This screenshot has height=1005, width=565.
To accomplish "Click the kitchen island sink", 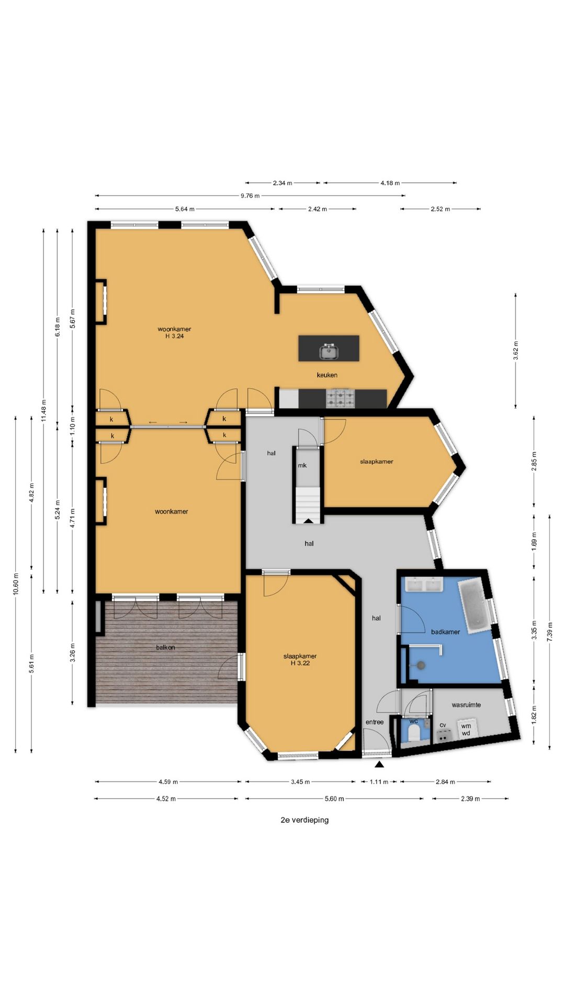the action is coord(329,352).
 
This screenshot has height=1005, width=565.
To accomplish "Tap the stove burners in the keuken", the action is coord(340,398).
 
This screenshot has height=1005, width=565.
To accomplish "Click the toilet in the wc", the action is coord(414,733).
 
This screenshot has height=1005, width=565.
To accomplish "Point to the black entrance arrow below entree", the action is coord(379,764).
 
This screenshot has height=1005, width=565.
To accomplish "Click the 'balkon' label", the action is coord(165,647).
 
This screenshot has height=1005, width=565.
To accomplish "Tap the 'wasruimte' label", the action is coord(466,705).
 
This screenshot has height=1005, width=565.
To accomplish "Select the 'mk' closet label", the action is coord(302,465).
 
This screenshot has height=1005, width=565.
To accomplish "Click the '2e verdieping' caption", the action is coord(304,820).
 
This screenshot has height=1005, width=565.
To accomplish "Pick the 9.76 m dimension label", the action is coord(250,196).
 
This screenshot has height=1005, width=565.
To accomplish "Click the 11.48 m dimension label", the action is coord(44,410).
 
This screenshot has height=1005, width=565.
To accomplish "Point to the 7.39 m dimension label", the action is coord(550,632).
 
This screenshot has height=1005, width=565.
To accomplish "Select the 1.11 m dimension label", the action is coord(379,782).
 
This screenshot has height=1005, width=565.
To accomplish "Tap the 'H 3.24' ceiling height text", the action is coord(175,336).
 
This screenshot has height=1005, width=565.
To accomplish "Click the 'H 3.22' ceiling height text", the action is coord(300,663).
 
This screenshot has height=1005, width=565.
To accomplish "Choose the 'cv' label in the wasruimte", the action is coord(443,725).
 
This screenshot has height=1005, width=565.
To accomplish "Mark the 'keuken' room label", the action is coord(327,375).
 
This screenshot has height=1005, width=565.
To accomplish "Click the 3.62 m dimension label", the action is coord(516,351).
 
